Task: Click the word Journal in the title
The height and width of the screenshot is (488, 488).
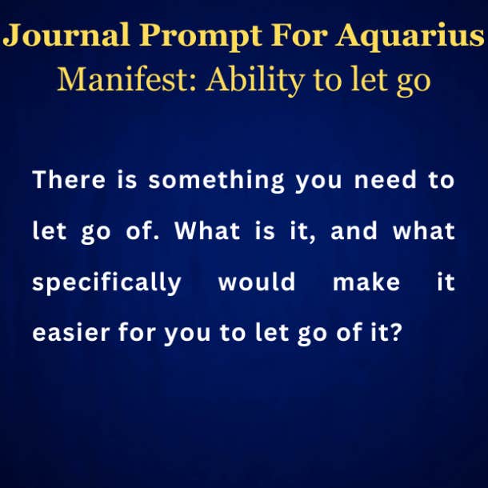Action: (x=66, y=35)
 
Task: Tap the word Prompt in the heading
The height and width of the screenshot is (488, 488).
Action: (x=201, y=37)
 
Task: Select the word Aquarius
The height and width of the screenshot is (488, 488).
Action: (x=410, y=37)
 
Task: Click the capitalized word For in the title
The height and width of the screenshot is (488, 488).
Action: (x=299, y=35)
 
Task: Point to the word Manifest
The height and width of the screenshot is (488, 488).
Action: (x=126, y=78)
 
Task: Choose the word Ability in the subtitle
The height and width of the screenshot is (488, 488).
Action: (x=255, y=81)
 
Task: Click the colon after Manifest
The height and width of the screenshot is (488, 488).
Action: (x=192, y=84)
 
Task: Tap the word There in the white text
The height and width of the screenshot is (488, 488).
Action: (x=69, y=179)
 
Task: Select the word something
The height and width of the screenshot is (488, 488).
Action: (x=216, y=182)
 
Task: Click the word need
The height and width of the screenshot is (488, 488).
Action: (x=386, y=180)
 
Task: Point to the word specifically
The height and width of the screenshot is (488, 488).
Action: (x=106, y=283)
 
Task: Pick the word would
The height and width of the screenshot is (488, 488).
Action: (x=257, y=282)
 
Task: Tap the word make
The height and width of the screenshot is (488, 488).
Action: (x=366, y=282)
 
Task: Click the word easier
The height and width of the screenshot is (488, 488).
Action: (x=71, y=332)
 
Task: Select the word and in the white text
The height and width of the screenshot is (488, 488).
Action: (x=354, y=230)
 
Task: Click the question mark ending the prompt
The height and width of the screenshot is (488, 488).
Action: (x=396, y=332)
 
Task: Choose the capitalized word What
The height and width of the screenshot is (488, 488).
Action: (x=207, y=230)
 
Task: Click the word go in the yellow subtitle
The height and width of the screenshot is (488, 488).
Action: (x=414, y=83)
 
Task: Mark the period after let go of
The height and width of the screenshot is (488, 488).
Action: (x=157, y=238)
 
